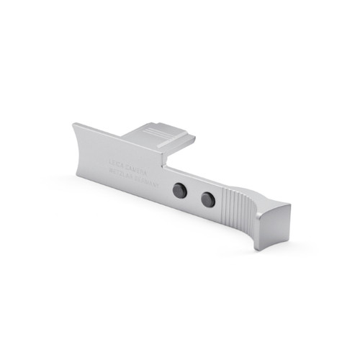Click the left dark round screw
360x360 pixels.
click(181, 190)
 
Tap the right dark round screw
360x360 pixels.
click(207, 200)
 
